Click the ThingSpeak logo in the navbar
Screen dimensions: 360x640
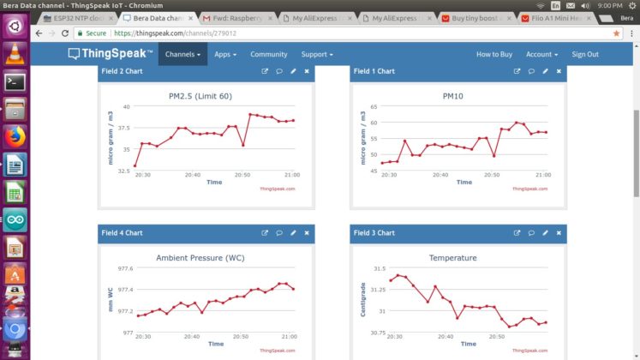[x=111, y=54]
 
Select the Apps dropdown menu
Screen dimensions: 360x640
[x=225, y=54]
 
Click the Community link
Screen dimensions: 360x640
[x=268, y=54]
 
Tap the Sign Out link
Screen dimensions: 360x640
[x=585, y=54]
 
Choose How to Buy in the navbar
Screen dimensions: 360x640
[x=494, y=54]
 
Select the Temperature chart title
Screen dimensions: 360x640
[x=453, y=257]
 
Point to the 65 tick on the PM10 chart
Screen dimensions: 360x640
[x=373, y=107]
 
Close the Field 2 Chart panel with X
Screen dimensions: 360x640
[x=307, y=71]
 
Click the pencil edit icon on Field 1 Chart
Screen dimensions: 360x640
[x=545, y=71]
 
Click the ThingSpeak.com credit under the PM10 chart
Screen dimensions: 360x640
[x=529, y=189]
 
